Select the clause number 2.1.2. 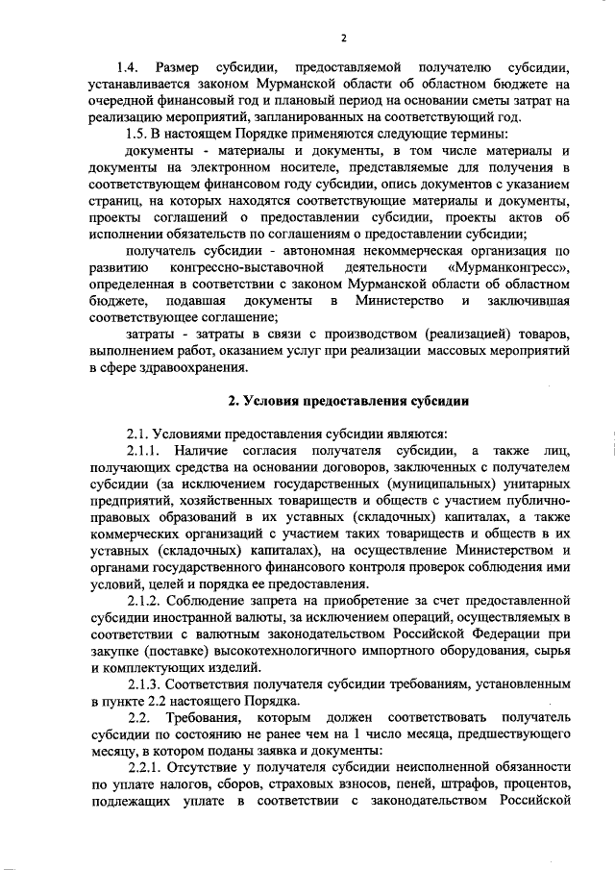(145, 601)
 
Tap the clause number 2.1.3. (145, 685)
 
